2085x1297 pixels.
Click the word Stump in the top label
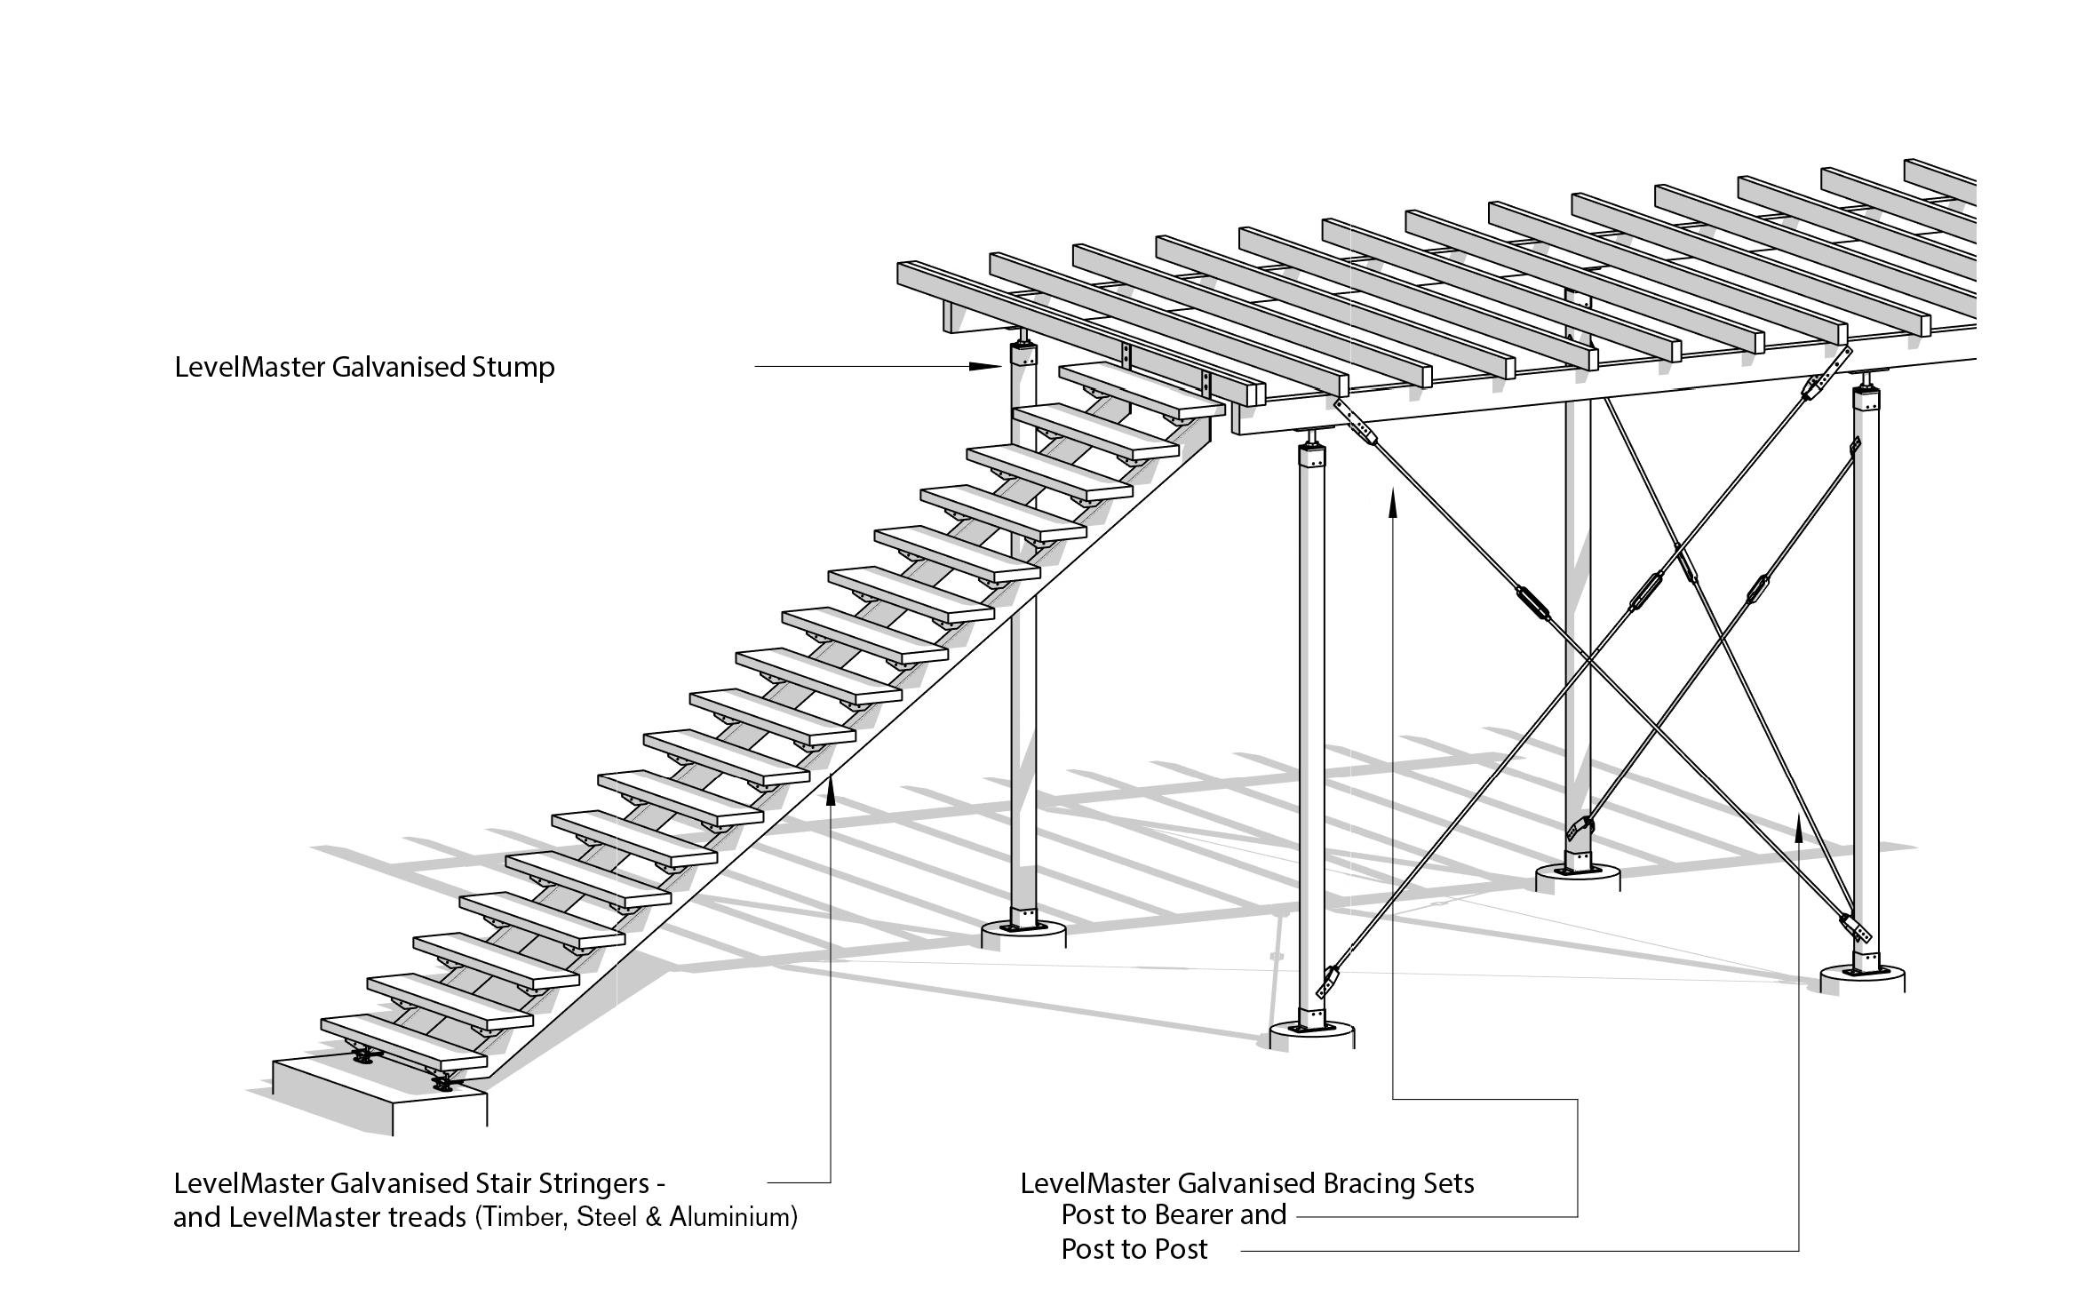[x=513, y=367]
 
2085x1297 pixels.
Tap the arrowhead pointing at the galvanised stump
[x=985, y=365]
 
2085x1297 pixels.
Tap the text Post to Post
[x=1134, y=1249]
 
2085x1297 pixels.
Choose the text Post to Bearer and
[x=1173, y=1214]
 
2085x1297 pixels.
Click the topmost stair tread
[x=1142, y=392]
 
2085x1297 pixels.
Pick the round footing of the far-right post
[x=1862, y=980]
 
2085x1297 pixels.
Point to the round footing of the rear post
[x=1578, y=879]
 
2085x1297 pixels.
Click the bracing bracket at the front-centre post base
[x=1330, y=982]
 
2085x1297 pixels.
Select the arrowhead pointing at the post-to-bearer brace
[x=1392, y=504]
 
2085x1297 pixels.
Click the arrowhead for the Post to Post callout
[x=1799, y=827]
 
